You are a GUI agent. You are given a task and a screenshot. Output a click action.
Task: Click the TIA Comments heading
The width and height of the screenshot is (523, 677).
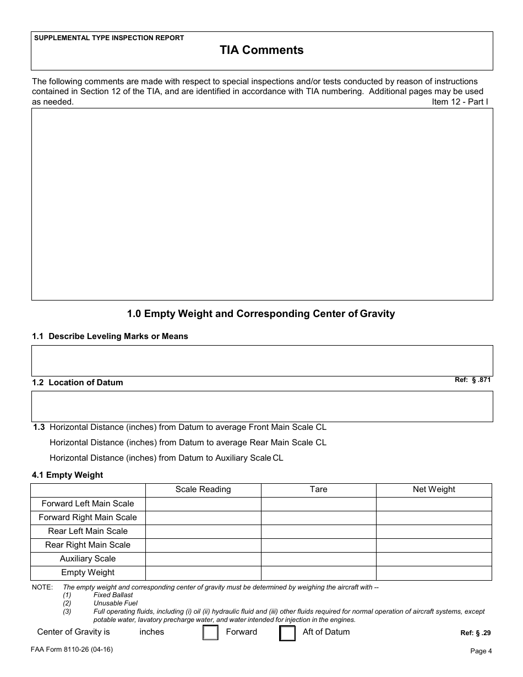pos(261,50)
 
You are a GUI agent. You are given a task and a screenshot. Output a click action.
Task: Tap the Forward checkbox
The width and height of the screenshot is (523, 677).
pos(210,633)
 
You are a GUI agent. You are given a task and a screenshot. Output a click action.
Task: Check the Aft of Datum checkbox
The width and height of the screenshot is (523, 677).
pos(287,634)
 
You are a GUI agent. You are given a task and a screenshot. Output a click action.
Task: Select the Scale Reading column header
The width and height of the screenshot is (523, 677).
pos(203,489)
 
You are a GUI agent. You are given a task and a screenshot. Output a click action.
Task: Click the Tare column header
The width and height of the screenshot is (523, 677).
pos(318,489)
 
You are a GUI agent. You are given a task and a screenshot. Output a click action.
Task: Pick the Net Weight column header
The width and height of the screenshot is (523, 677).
pos(434,489)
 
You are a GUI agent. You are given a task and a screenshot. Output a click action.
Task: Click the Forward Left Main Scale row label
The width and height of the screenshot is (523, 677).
pos(88,504)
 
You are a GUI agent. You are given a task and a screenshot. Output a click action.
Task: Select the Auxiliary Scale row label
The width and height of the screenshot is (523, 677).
pos(88,559)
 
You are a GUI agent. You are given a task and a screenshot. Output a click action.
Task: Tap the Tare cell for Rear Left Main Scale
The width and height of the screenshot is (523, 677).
pos(318,531)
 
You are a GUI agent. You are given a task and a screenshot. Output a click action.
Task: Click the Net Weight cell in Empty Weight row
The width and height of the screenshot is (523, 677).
pos(434,572)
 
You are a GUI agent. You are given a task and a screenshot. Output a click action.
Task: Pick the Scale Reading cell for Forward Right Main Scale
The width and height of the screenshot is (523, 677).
pos(203,517)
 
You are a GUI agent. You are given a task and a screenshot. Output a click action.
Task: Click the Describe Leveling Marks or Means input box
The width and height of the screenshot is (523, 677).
pos(261,361)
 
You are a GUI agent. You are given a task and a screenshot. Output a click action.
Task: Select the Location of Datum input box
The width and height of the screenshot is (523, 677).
pos(261,406)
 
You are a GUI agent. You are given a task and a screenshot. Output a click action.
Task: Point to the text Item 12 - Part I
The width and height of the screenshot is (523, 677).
pos(460,102)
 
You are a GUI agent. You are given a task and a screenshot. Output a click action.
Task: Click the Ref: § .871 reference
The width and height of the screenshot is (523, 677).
pos(472,380)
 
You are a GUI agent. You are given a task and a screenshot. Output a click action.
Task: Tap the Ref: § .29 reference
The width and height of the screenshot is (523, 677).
pos(475,633)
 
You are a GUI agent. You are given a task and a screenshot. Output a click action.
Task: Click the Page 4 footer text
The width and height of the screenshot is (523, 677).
pos(481,651)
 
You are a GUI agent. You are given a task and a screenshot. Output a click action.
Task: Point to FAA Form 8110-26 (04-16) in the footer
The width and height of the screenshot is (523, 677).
pos(72,649)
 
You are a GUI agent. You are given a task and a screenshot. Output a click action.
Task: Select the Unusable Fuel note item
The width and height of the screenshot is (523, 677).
pos(115,603)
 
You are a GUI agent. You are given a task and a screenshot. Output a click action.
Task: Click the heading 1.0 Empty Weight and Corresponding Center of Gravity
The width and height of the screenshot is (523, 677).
pos(261,314)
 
